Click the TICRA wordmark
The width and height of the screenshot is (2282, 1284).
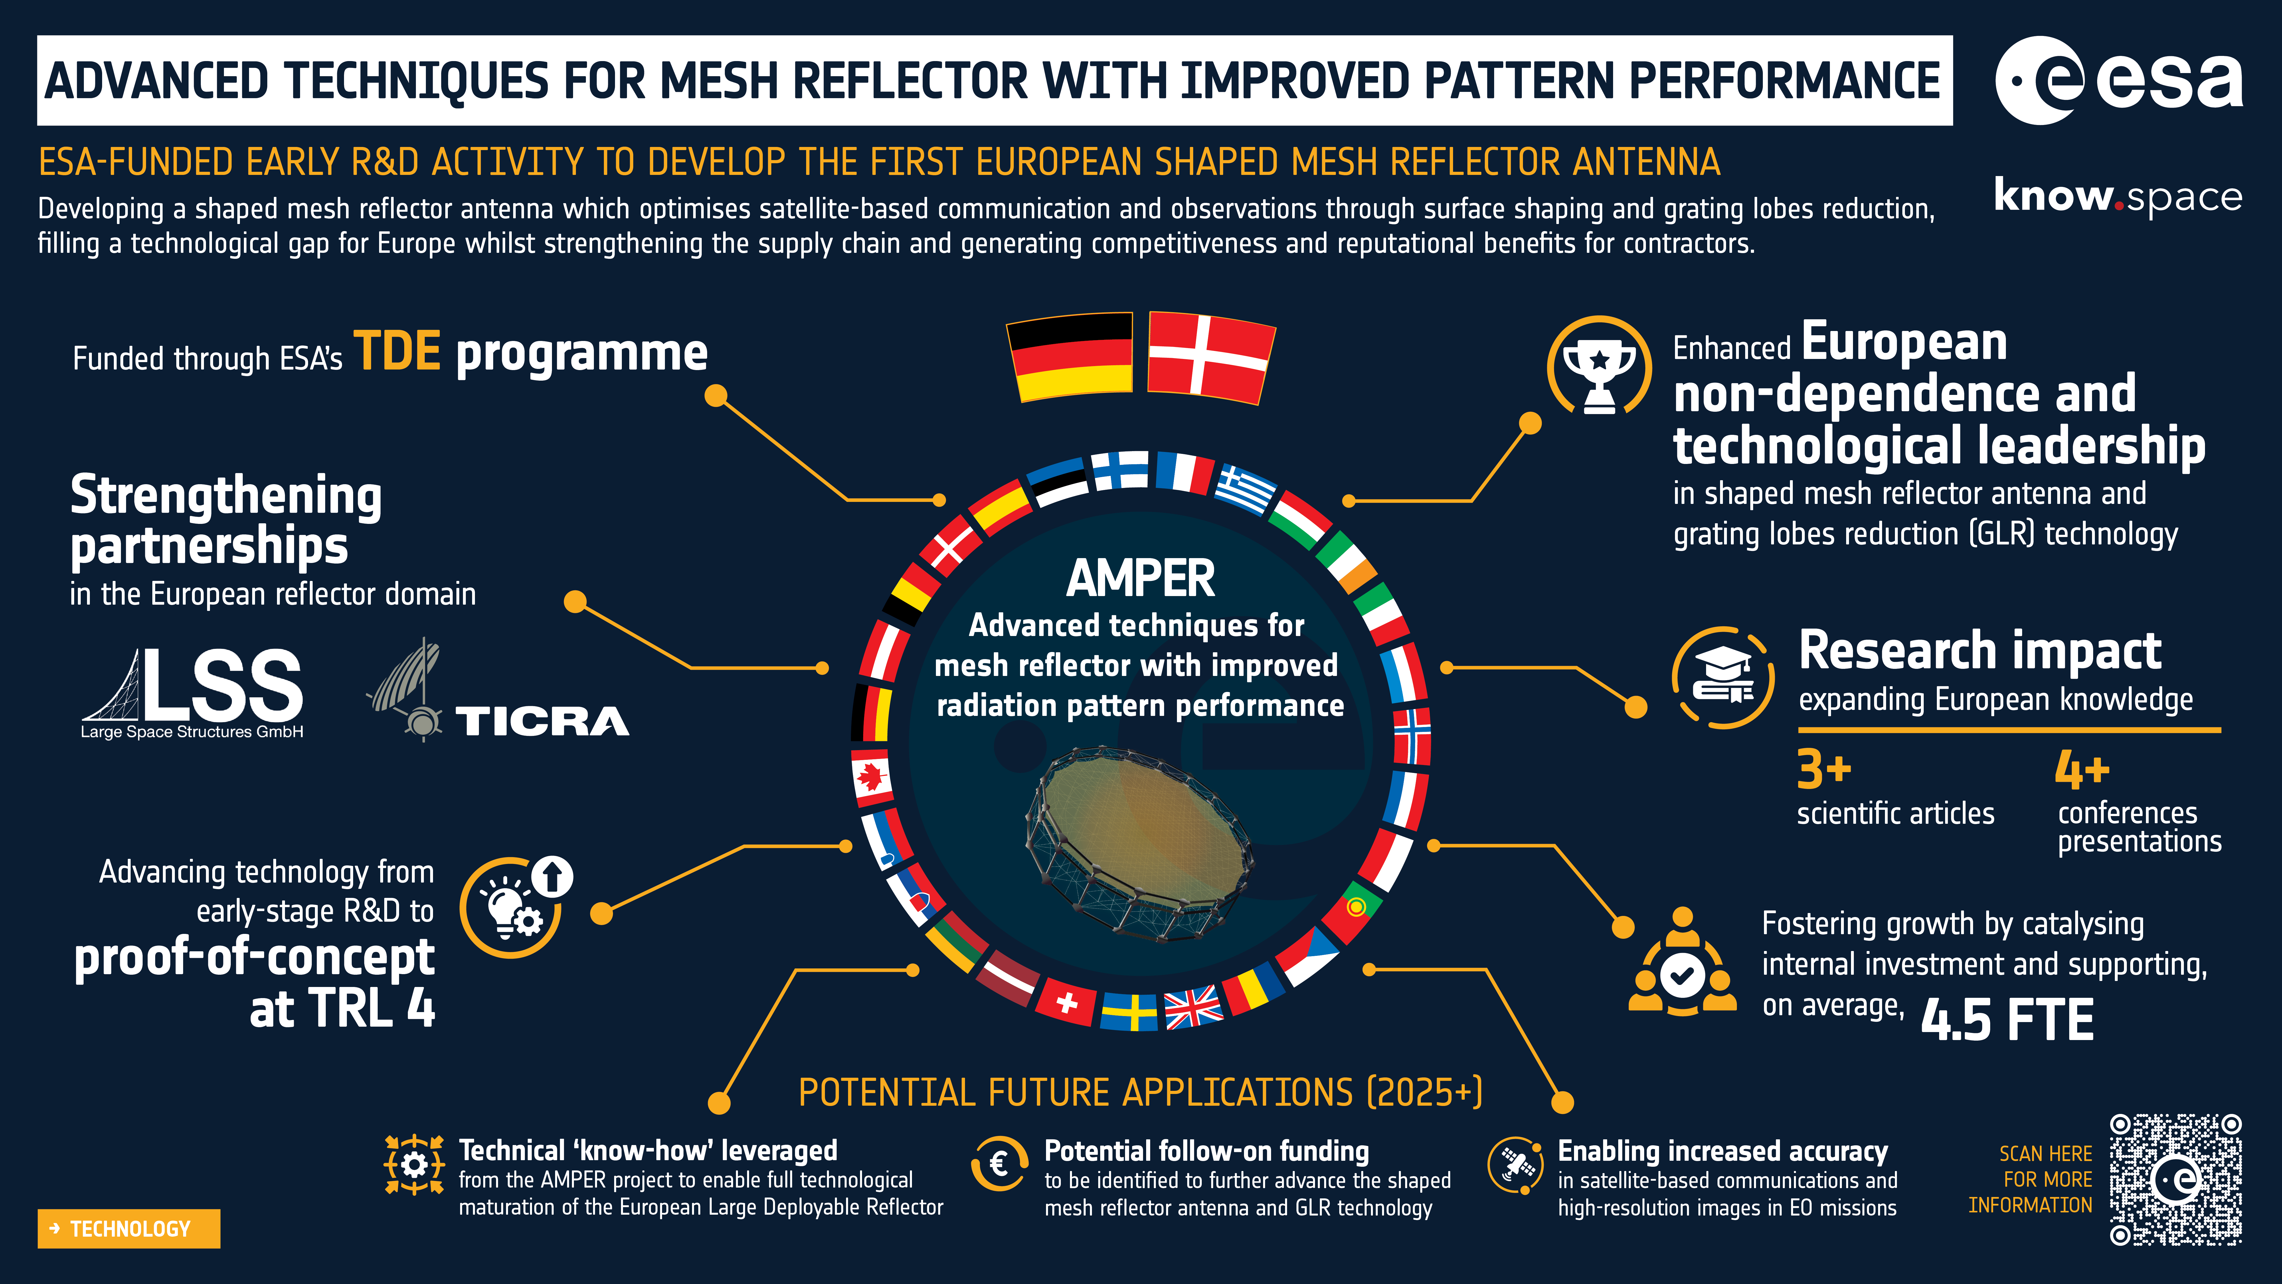click(x=542, y=721)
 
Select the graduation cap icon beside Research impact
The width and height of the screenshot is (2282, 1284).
click(x=1723, y=678)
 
